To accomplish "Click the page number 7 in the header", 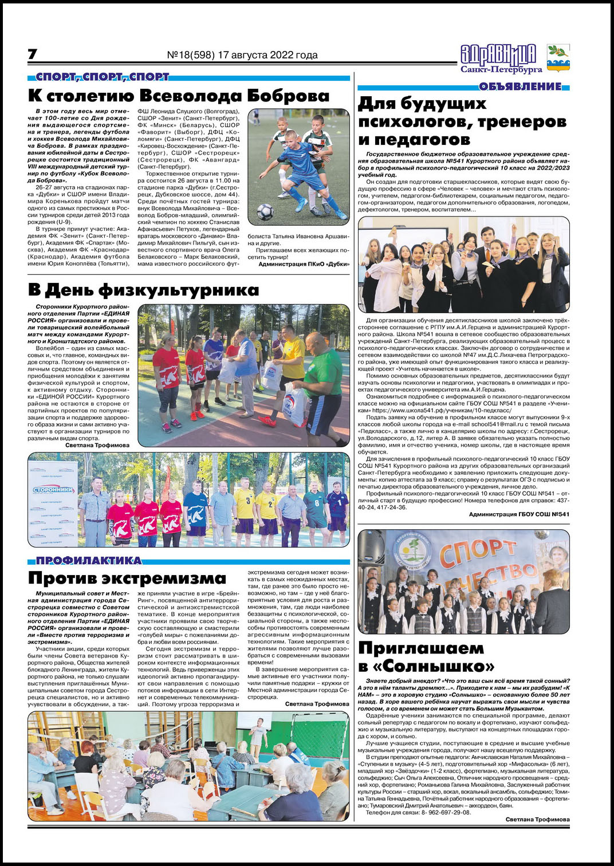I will point(33,54).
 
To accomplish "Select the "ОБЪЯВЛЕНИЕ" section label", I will point(520,86).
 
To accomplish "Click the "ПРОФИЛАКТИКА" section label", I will point(89,560).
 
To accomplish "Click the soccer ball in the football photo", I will point(265,212).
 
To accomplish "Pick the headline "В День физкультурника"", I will point(143,290).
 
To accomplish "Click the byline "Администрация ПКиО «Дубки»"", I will point(304,264).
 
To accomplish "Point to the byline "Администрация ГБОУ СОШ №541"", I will point(519,514).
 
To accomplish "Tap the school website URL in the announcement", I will point(442,410).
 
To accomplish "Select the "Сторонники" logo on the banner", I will point(53,490).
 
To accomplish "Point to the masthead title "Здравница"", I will point(498,54).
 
